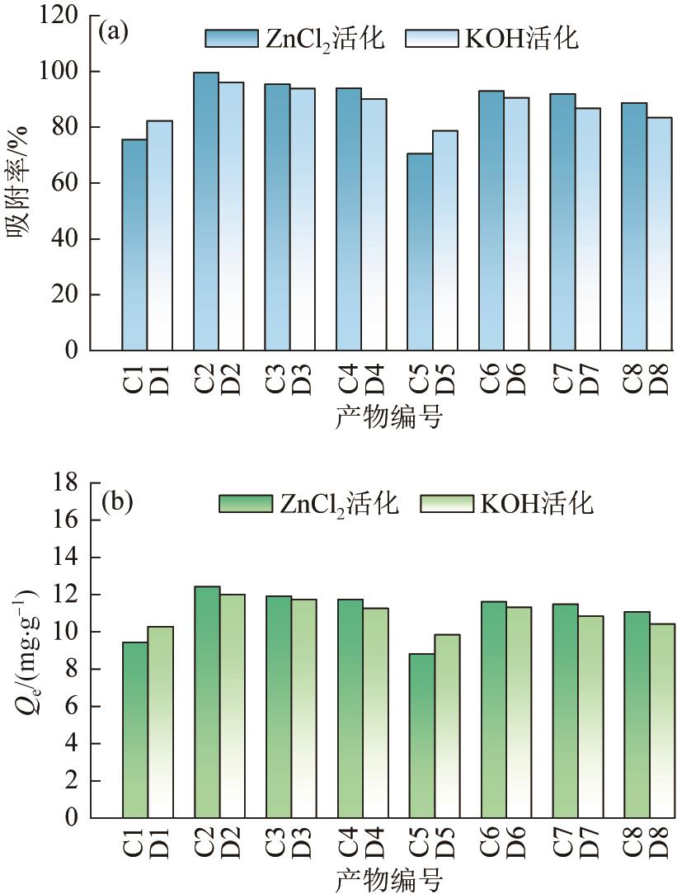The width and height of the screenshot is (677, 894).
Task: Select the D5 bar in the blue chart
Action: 444,240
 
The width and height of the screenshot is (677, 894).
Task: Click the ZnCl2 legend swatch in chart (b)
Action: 246,504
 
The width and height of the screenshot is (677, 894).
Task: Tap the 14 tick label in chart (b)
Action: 68,558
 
